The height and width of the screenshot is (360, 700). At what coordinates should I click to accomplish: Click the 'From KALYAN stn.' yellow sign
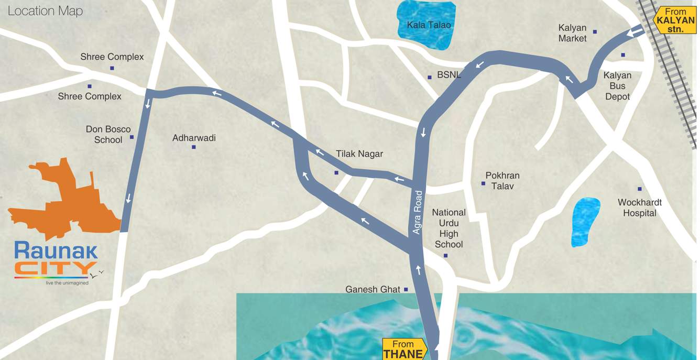[x=675, y=20]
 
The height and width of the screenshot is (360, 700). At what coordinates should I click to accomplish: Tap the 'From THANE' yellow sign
[x=403, y=349]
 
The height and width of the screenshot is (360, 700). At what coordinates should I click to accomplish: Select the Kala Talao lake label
[x=429, y=25]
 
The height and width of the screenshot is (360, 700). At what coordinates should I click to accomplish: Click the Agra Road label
[x=418, y=212]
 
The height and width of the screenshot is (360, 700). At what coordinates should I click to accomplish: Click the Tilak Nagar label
[x=359, y=154]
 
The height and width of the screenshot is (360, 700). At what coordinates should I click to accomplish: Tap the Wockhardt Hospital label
[x=639, y=208]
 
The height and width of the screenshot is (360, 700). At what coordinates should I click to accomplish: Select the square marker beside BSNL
[x=430, y=77]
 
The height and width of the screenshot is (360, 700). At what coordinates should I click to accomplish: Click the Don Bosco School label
[x=108, y=135]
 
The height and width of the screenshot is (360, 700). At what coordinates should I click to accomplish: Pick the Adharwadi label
[x=194, y=138]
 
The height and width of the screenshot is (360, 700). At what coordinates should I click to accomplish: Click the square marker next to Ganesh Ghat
[x=406, y=289]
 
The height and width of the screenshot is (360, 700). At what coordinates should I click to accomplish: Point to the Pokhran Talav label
[x=502, y=181]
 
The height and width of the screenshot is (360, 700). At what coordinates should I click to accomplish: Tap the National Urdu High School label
[x=449, y=228]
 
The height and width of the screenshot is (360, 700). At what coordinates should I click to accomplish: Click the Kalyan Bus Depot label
[x=617, y=86]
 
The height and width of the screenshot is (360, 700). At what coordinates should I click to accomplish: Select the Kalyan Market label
[x=572, y=33]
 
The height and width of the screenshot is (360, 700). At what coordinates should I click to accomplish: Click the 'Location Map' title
[x=45, y=11]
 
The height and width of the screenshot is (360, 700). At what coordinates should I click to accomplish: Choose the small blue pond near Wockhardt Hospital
[x=585, y=222]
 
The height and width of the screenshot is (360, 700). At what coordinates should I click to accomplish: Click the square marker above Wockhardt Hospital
[x=639, y=189]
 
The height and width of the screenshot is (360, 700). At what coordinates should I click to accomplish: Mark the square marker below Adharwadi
[x=194, y=147]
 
